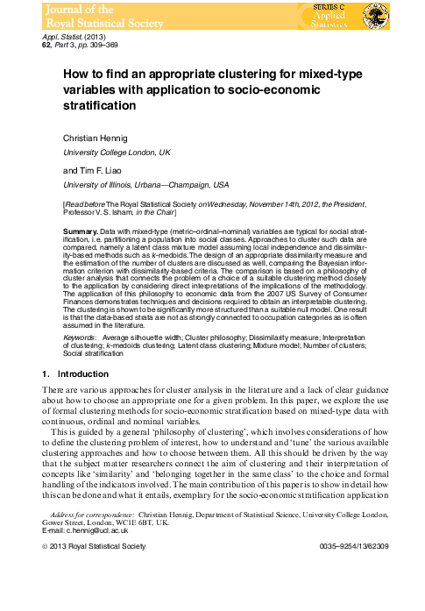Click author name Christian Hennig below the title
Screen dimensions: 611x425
(98, 139)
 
